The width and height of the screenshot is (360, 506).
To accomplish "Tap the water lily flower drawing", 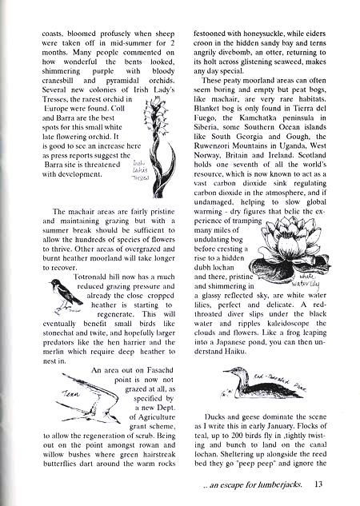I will pyautogui.click(x=287, y=243).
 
